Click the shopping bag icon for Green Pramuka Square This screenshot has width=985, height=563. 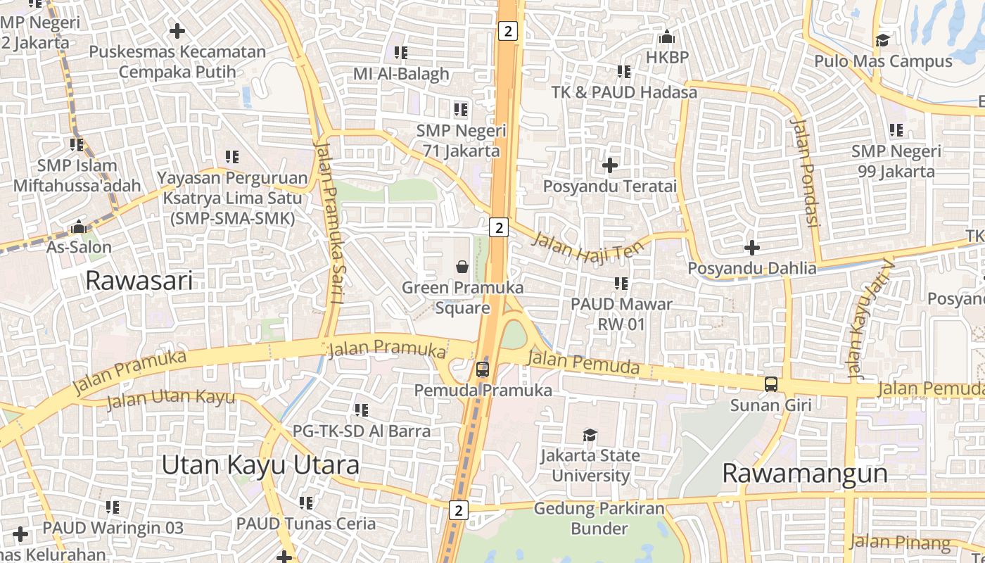pos(462,266)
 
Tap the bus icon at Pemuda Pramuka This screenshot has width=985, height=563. pos(482,369)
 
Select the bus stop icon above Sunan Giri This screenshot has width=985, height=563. pos(771,384)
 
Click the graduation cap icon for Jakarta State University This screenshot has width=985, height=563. pos(590,436)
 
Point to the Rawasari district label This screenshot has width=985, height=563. pos(139,281)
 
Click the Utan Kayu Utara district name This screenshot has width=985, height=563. pos(260,465)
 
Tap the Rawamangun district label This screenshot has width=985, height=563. pos(804,474)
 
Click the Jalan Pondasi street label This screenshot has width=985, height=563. pos(806,172)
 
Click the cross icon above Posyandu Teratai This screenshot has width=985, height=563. pos(610,165)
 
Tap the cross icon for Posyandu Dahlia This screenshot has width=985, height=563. pos(752,248)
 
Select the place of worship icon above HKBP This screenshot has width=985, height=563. pos(666,37)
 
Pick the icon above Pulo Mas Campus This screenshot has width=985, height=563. pos(882,40)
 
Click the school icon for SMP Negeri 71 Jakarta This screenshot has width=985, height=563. pos(460,110)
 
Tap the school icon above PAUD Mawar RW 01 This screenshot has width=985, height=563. pos(621,283)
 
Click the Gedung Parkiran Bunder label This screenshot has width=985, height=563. pos(599,518)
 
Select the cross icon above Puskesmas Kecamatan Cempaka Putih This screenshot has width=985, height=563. pos(177,31)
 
